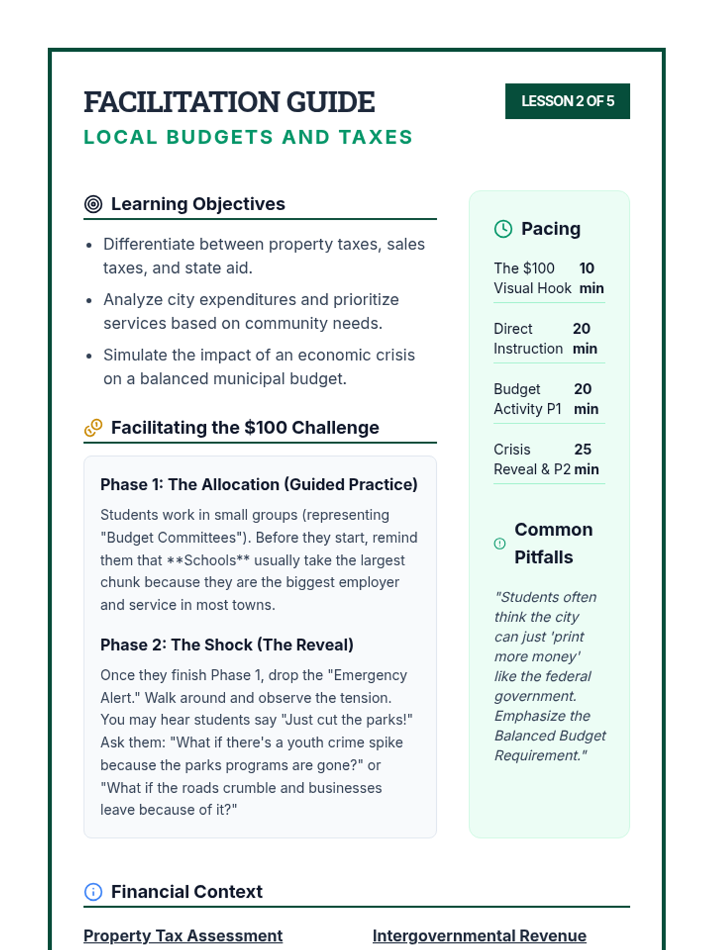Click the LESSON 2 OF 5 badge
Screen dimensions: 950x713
pos(567,102)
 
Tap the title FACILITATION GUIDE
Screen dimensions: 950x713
pos(229,102)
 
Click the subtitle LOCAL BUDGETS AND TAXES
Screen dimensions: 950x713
pos(248,137)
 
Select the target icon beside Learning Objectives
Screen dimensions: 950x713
pos(93,204)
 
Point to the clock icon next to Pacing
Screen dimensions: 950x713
pos(503,229)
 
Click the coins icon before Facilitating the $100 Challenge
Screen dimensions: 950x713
pos(93,427)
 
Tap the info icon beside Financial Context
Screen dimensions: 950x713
pos(93,891)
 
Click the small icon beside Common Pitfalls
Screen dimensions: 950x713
pos(500,543)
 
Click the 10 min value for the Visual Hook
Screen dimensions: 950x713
pos(591,278)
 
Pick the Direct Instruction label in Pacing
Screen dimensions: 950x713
pos(528,338)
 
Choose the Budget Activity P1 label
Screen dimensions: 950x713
pos(527,399)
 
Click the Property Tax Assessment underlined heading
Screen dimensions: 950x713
pos(183,936)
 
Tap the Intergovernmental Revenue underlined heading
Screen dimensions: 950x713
pos(479,936)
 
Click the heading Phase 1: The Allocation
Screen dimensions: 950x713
pos(258,484)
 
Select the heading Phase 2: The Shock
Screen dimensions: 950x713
pos(226,645)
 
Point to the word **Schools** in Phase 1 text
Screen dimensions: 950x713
pos(208,560)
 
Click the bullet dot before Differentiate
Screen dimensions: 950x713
pos(89,245)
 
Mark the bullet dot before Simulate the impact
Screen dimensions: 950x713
pos(89,356)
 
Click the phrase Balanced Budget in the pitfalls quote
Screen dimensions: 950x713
pos(550,736)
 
